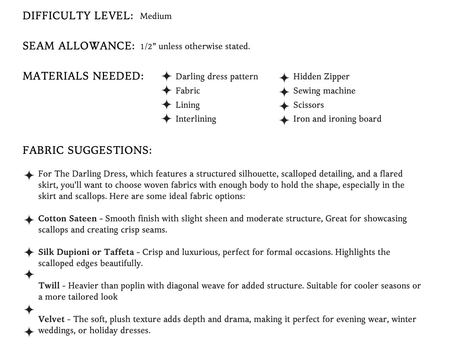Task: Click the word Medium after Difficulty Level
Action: [x=156, y=16]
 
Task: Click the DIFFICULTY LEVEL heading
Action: [x=78, y=16]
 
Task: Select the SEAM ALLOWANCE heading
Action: [x=79, y=46]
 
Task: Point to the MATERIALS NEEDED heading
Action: [x=83, y=76]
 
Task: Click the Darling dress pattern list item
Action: [x=217, y=77]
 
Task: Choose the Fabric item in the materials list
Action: [x=188, y=91]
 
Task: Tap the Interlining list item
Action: [x=196, y=119]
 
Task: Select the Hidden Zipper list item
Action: [x=321, y=77]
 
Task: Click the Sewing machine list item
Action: [x=324, y=91]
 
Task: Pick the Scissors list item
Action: [x=308, y=105]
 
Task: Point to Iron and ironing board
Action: [x=337, y=119]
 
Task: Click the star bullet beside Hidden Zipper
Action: [x=284, y=78]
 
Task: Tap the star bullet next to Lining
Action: [x=166, y=104]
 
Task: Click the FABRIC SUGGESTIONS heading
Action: [x=87, y=150]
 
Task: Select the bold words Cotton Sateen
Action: [x=67, y=219]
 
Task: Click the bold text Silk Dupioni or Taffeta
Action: [x=86, y=252]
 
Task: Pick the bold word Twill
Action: [x=49, y=286]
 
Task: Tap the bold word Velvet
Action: [x=51, y=319]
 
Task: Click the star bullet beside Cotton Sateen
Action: [x=29, y=220]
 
